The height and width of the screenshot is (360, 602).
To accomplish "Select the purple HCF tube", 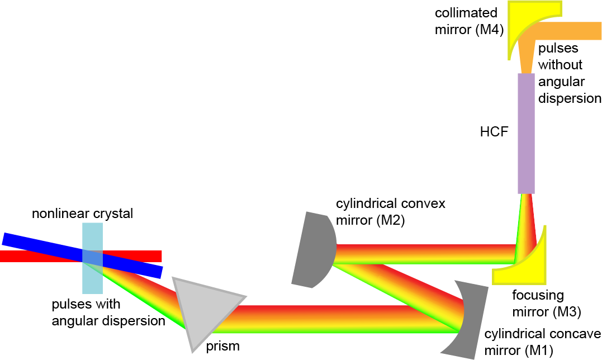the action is coord(526,133).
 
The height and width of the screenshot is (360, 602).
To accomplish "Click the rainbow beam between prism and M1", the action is coord(334,319).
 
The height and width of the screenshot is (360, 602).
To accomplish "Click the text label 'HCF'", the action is coord(494,131).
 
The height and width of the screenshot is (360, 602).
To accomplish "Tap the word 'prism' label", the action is coord(222,346).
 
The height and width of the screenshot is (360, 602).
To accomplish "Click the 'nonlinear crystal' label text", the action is coord(83,214).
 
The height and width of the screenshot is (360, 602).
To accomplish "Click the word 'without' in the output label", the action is coord(560,65).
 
